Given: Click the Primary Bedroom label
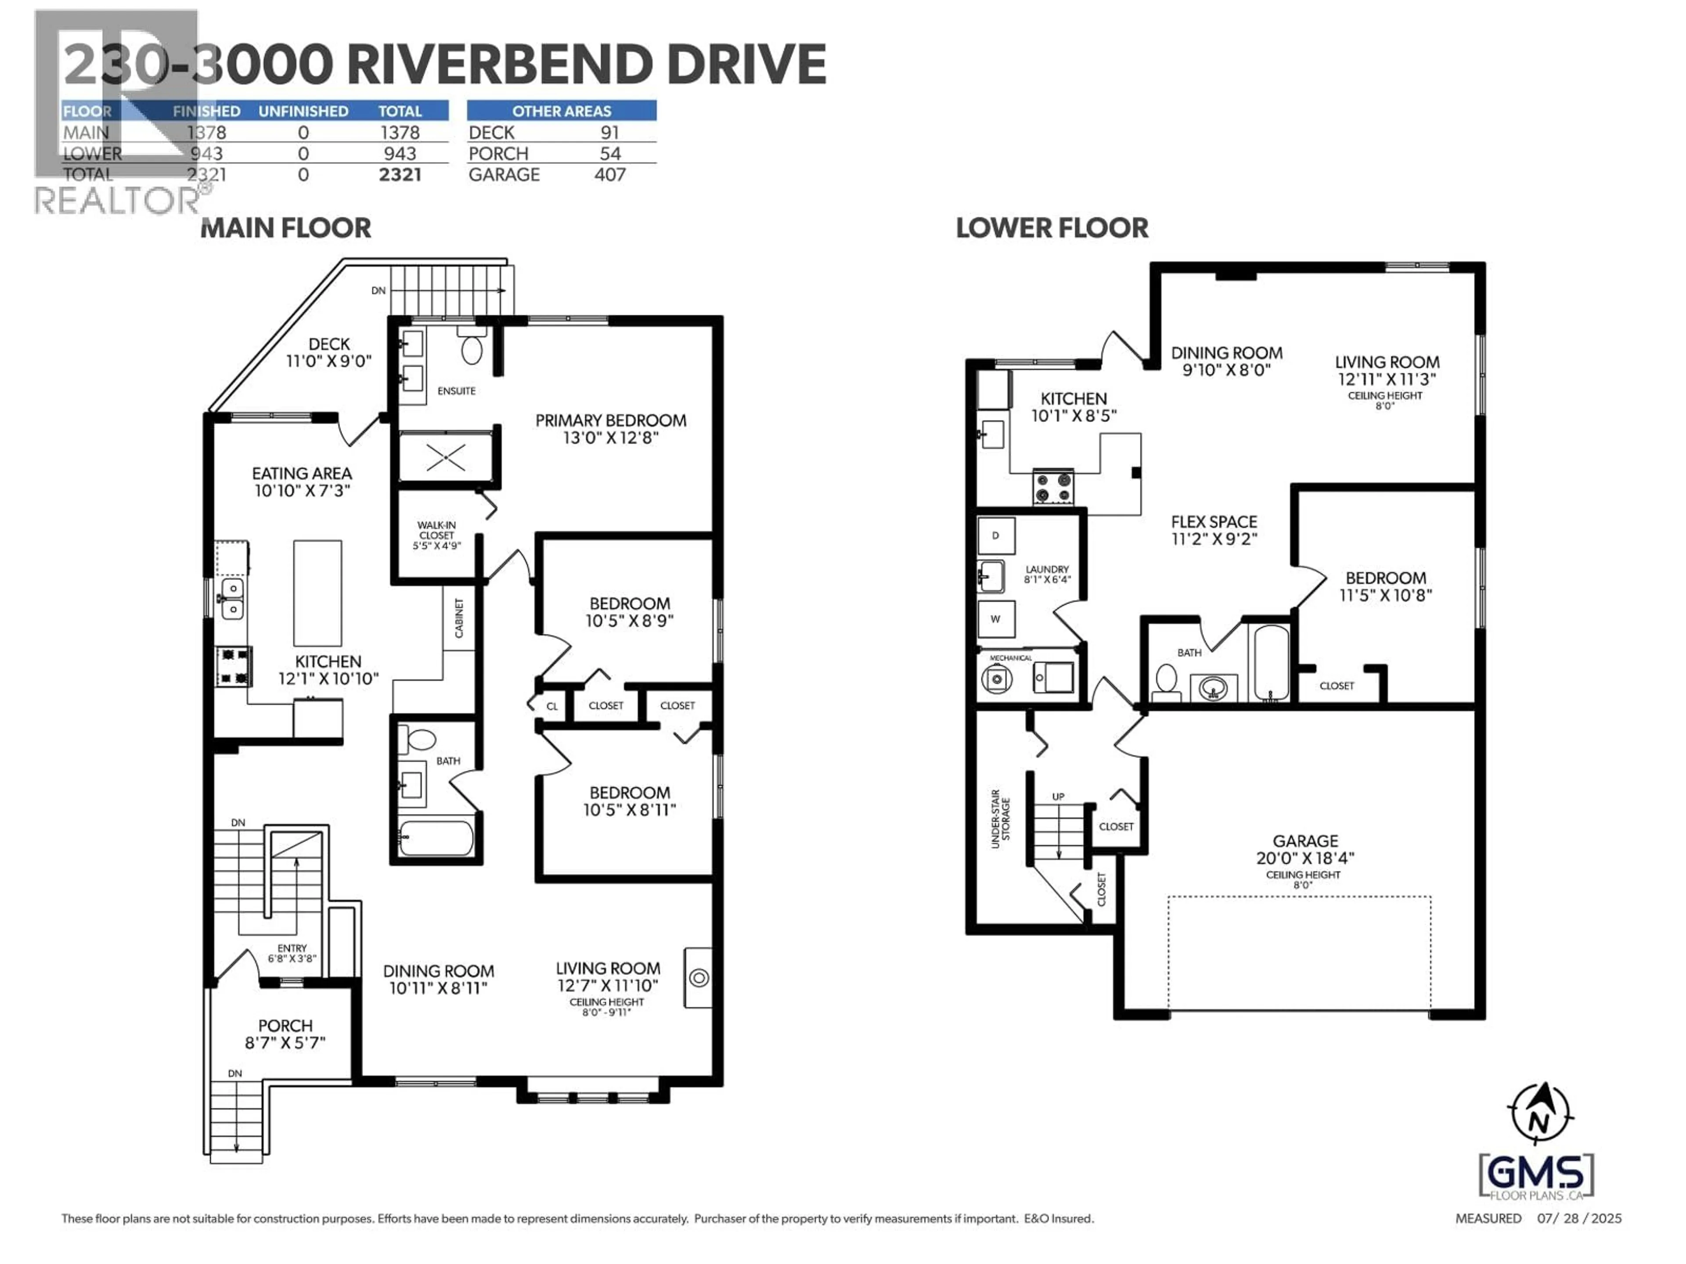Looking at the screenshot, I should tap(611, 420).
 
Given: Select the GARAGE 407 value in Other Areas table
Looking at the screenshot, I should tap(610, 175).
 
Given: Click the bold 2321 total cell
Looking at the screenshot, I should tap(400, 175).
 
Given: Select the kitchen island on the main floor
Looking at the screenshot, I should tap(317, 593).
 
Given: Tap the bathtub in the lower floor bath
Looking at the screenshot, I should tap(1271, 661).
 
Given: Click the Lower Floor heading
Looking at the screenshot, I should tap(1052, 228).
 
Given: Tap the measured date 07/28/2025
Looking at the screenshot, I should tap(1578, 1218).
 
